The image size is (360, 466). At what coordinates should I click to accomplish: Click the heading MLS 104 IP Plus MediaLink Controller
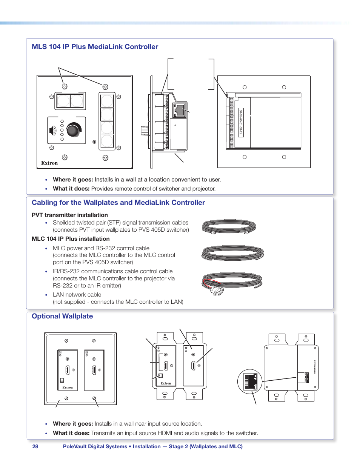[x=95, y=47]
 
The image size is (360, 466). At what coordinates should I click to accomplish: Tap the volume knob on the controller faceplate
[x=74, y=129]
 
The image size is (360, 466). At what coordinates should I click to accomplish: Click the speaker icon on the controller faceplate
[x=53, y=131]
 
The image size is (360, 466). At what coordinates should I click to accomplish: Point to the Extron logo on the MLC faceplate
[x=49, y=163]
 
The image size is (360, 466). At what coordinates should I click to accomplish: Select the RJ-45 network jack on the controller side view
[x=179, y=110]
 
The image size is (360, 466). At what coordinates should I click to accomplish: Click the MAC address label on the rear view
[x=240, y=122]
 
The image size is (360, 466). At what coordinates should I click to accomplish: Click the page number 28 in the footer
[x=35, y=446]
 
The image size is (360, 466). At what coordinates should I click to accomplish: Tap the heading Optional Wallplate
[x=62, y=316]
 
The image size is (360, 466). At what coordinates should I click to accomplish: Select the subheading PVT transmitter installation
[x=70, y=215]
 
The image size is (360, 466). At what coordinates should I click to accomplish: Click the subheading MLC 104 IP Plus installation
[x=71, y=239]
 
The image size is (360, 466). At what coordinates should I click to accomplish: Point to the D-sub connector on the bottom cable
[x=217, y=291]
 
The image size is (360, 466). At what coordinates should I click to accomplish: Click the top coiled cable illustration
[x=229, y=226]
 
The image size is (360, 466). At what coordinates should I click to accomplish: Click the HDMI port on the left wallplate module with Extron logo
[x=67, y=370]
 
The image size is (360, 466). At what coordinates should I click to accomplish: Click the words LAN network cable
[x=77, y=295]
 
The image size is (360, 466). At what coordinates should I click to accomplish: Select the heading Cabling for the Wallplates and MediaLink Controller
[x=118, y=203]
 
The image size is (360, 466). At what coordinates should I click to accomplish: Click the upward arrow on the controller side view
[x=175, y=132]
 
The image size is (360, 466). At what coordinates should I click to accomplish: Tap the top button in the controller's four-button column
[x=107, y=101]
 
